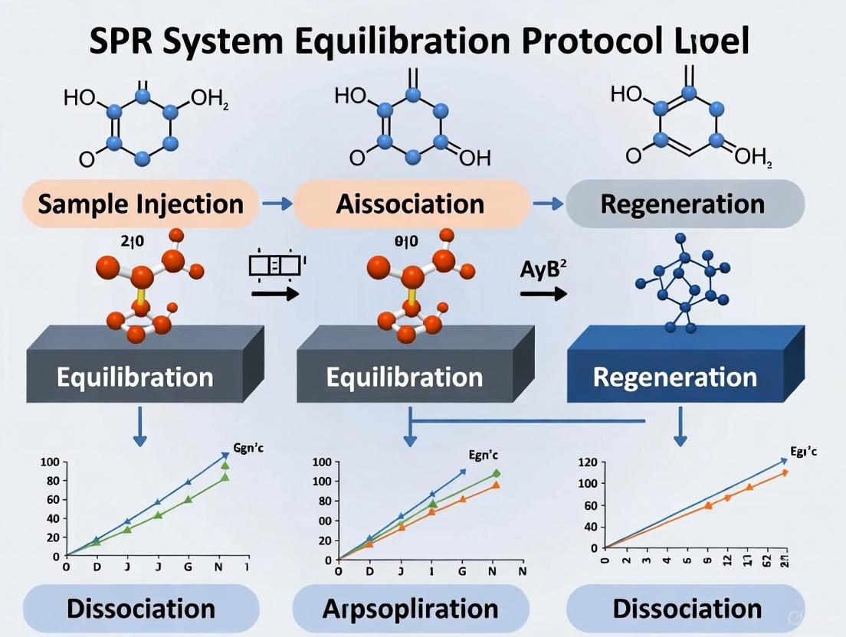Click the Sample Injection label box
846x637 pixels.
(140, 204)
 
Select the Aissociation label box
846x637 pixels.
(410, 204)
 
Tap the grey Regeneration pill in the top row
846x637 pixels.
(682, 204)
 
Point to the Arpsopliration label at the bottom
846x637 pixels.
(410, 609)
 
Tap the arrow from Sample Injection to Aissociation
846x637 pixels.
(276, 204)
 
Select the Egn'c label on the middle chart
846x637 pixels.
(480, 455)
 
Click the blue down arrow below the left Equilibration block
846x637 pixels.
(139, 426)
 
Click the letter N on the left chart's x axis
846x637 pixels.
(220, 568)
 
